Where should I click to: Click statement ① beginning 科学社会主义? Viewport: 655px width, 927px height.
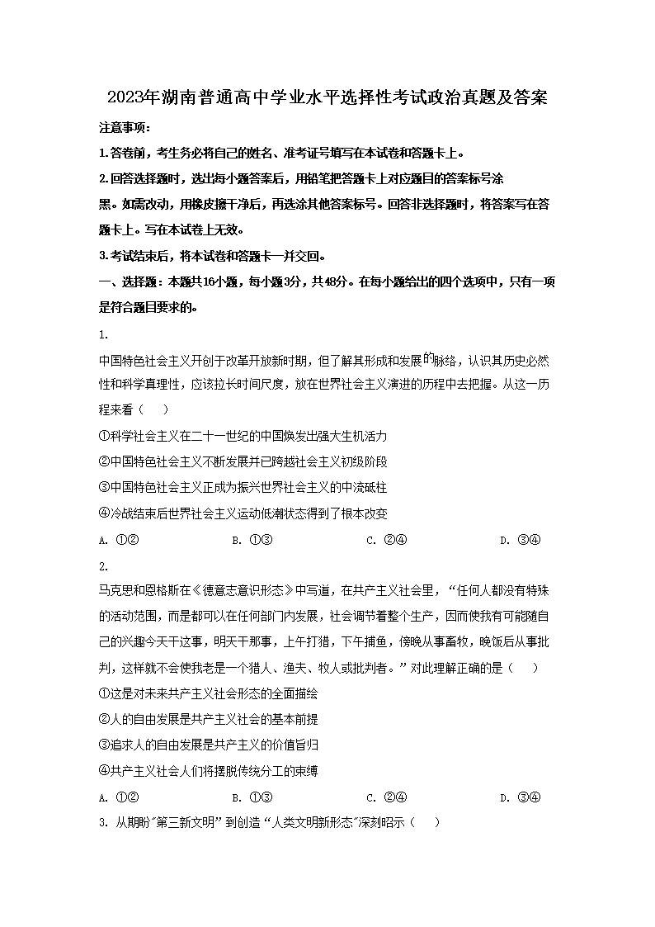click(x=243, y=436)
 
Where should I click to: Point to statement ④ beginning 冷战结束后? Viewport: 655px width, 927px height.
click(x=243, y=513)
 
